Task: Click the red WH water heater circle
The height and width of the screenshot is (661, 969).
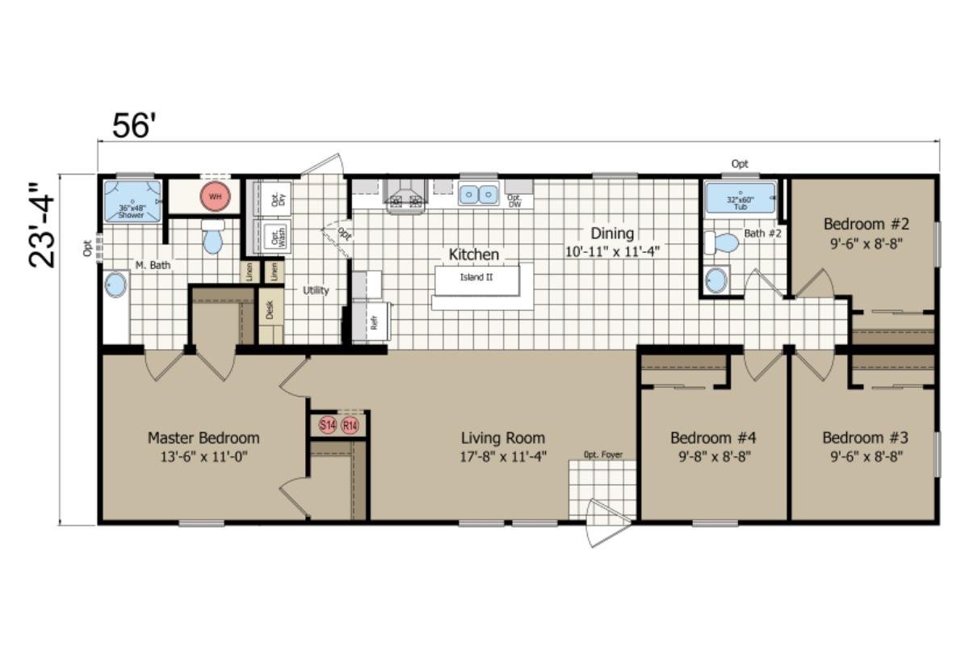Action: pos(215,196)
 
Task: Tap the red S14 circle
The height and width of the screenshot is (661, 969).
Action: pos(327,425)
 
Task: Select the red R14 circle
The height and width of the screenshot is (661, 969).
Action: pos(350,425)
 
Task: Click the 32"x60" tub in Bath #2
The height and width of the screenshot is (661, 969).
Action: pos(740,199)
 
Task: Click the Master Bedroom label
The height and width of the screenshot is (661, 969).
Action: pos(203,438)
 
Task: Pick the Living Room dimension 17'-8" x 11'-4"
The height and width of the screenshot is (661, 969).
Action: pos(504,456)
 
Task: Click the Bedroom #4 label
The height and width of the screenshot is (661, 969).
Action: pos(713,438)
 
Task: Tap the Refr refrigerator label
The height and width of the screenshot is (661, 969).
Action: pos(374,321)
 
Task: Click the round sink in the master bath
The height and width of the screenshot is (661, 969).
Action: pos(116,285)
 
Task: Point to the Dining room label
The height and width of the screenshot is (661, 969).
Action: pos(612,234)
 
